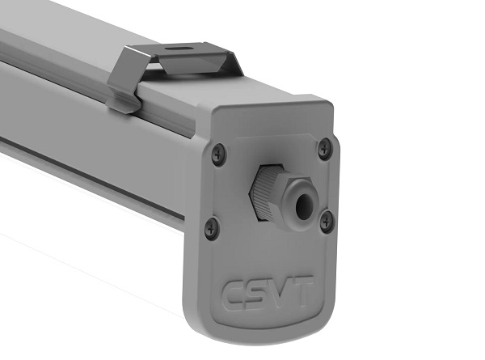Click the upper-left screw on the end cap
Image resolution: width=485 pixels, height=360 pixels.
click(219, 154)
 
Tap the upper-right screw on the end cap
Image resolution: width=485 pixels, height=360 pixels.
click(325, 149)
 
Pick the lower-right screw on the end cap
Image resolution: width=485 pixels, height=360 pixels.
click(327, 222)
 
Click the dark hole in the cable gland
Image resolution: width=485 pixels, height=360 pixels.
click(302, 205)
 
